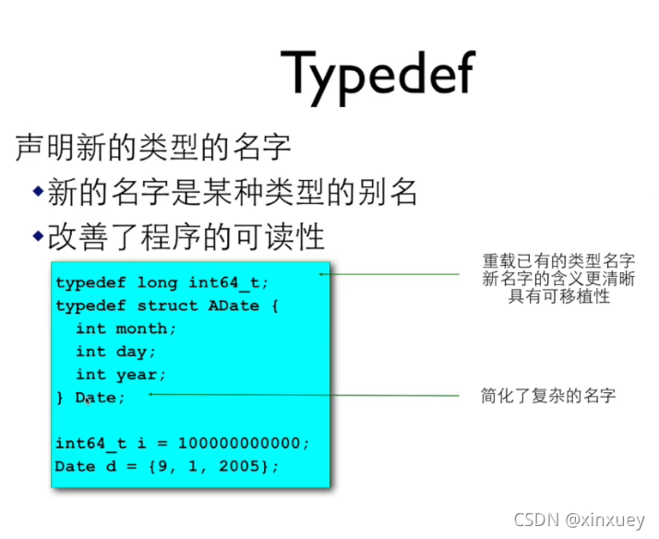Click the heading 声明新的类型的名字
(x=153, y=147)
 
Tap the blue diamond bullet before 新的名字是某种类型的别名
(x=38, y=191)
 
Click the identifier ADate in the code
(x=234, y=305)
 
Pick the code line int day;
(x=116, y=352)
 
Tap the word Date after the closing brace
(x=95, y=398)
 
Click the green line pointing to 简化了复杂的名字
(x=305, y=395)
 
